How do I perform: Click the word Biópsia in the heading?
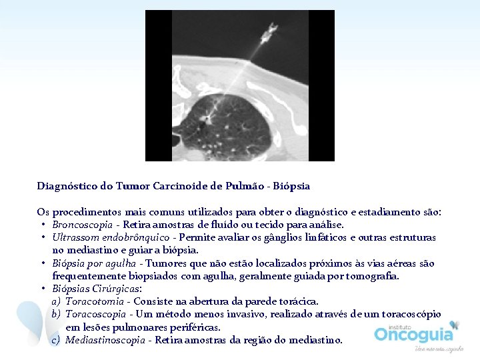tap(291, 186)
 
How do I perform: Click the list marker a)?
tap(56, 301)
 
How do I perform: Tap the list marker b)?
tap(56, 314)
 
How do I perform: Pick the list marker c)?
tap(56, 340)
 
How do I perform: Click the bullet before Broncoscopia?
tap(43, 225)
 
